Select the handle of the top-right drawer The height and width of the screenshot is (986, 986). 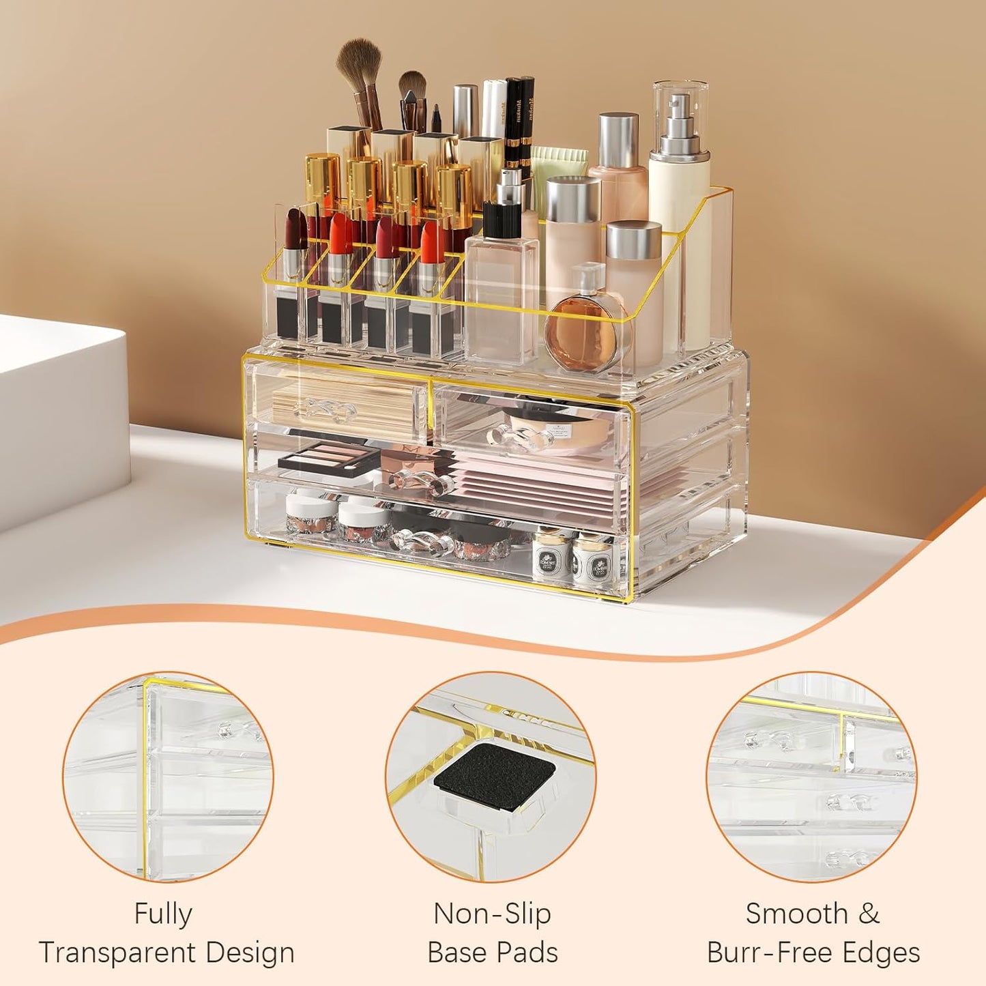click(x=521, y=437)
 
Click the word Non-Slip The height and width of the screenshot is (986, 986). click(x=492, y=914)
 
